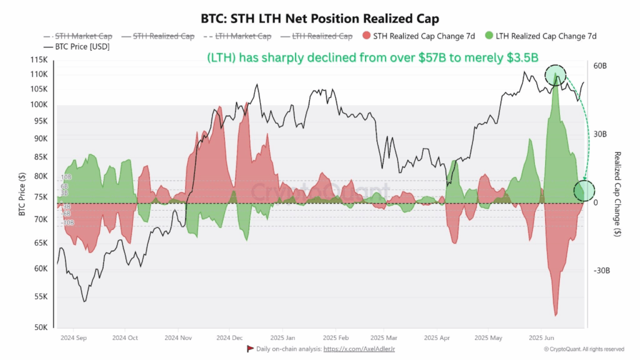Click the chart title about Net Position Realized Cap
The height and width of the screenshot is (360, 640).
tap(319, 18)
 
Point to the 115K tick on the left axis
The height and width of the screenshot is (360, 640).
tap(39, 60)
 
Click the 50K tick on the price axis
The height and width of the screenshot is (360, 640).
tap(41, 327)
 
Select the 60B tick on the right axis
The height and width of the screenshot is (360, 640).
tap(600, 66)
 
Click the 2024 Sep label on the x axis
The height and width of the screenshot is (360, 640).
tap(72, 338)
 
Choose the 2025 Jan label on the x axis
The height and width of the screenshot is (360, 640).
tap(281, 338)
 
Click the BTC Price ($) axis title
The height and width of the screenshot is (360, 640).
tap(21, 194)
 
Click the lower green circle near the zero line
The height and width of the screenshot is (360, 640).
tap(584, 191)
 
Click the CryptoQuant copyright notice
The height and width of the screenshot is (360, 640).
tap(584, 349)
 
